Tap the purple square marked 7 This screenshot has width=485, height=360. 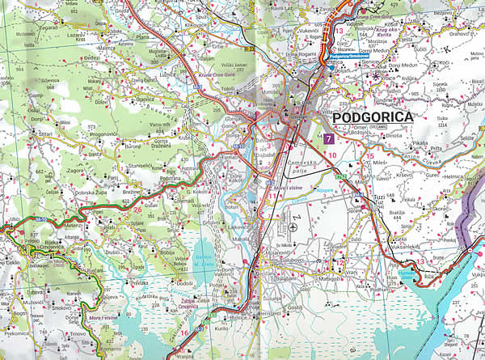click(328, 139)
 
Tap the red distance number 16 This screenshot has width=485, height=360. click(184, 332)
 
